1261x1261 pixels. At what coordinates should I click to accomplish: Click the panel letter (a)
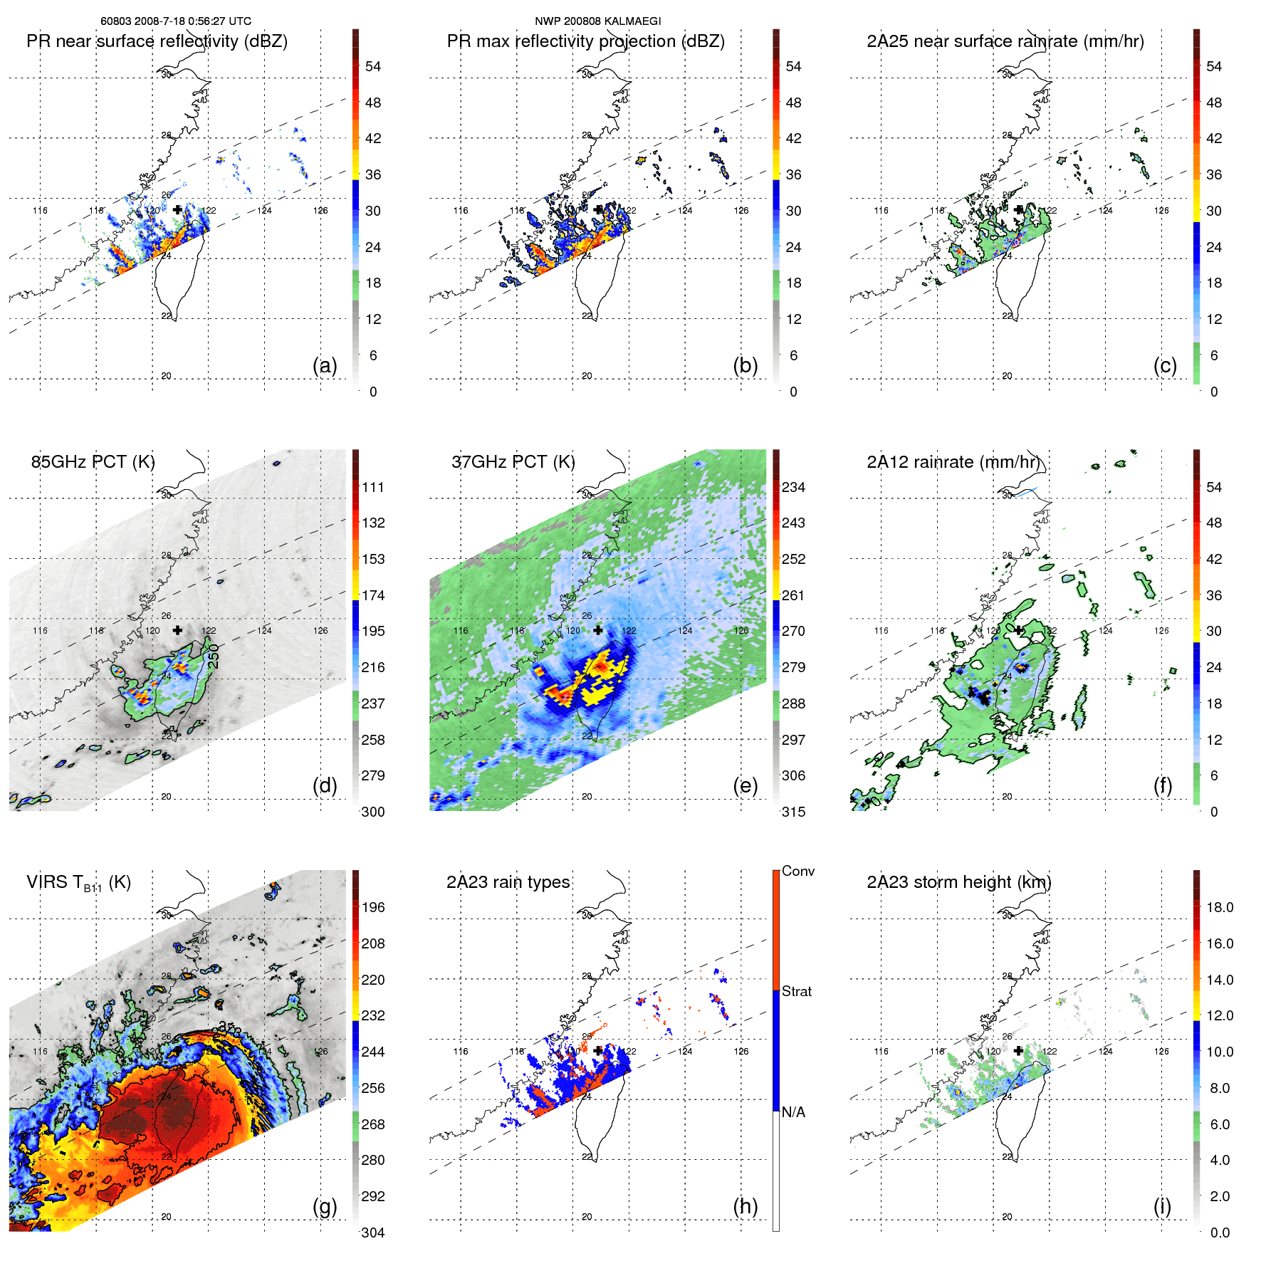[x=325, y=366]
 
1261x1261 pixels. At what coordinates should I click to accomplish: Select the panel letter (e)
[x=745, y=786]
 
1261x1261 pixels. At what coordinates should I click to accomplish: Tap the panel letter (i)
[x=1162, y=1206]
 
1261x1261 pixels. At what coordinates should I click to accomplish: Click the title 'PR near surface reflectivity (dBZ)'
[x=157, y=41]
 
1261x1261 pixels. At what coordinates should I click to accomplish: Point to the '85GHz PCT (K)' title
[x=93, y=462]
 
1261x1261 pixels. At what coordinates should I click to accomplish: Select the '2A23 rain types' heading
[x=508, y=882]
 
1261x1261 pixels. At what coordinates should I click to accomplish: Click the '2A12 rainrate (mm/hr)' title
[x=953, y=462]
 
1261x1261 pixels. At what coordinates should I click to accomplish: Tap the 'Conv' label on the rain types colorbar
[x=797, y=871]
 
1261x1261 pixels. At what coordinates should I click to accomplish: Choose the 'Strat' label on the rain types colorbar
[x=796, y=991]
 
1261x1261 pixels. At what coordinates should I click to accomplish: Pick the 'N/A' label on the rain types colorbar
[x=793, y=1112]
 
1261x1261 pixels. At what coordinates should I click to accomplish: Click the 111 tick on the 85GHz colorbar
[x=373, y=487]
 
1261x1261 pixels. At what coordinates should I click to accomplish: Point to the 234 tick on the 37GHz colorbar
[x=793, y=487]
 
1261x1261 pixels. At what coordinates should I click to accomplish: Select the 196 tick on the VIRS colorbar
[x=373, y=907]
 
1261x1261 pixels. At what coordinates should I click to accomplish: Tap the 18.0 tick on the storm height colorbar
[x=1220, y=907]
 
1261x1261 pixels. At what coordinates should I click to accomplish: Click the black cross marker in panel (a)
[x=177, y=209]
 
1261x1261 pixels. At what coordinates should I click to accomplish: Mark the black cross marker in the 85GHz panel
[x=177, y=630]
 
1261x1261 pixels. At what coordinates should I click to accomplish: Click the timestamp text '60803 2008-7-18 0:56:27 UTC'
[x=176, y=21]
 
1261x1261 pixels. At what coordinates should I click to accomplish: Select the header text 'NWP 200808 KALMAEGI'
[x=598, y=21]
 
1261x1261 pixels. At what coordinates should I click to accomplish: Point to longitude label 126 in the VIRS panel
[x=321, y=1052]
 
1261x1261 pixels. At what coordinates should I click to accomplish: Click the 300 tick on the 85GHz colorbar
[x=373, y=812]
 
